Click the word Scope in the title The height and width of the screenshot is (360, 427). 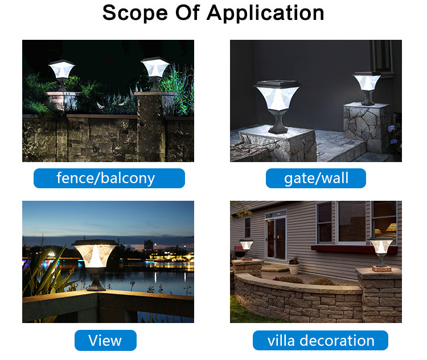(x=135, y=13)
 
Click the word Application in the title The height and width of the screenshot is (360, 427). (x=265, y=13)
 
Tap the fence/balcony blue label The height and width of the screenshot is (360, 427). (x=109, y=178)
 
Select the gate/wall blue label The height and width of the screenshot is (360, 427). (x=316, y=178)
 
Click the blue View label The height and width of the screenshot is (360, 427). (x=105, y=340)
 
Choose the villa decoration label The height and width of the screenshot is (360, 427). (x=320, y=341)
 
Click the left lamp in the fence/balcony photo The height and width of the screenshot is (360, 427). (x=61, y=76)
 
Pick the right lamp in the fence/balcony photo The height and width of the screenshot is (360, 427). (x=155, y=73)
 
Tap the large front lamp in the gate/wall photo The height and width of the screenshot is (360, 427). (x=277, y=107)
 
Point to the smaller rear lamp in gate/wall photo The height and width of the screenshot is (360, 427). (x=368, y=88)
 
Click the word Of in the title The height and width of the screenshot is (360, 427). (x=187, y=13)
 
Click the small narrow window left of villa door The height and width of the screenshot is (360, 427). (x=247, y=227)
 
